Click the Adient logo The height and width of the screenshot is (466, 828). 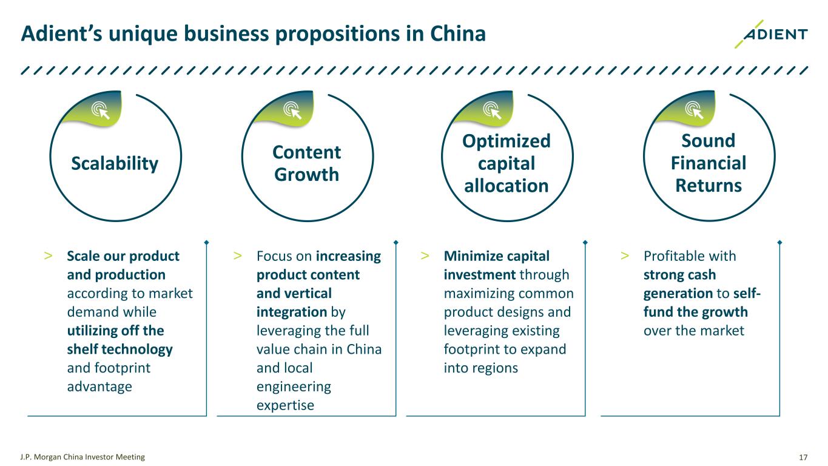click(770, 35)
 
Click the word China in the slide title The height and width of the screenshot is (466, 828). click(456, 34)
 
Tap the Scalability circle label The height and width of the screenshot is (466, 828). click(115, 163)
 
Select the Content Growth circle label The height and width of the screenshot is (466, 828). click(307, 163)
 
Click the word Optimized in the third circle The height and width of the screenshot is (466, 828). click(506, 141)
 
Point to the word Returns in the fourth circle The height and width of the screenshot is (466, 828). click(708, 184)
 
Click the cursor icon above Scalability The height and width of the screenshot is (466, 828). click(100, 110)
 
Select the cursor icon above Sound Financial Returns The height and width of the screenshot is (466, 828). click(693, 110)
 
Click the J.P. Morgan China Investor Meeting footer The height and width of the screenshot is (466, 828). click(83, 457)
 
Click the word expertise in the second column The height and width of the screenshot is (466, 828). click(285, 405)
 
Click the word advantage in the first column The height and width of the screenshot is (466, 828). click(99, 387)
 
